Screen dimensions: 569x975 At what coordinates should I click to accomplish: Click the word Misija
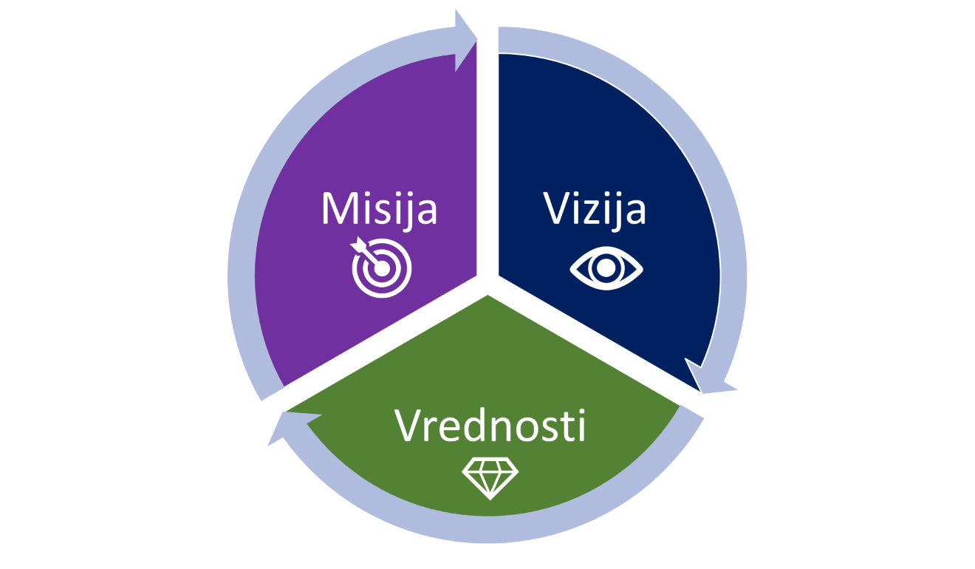[379, 209]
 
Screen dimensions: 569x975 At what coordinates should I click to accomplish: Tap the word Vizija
[595, 209]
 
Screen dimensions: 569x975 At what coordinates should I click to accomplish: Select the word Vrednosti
[490, 426]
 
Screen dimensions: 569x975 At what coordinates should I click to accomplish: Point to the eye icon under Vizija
[606, 268]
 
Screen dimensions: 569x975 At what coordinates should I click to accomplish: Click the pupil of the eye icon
[606, 268]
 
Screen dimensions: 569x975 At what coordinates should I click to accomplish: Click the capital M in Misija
[338, 209]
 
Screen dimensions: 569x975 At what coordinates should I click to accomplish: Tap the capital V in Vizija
[558, 209]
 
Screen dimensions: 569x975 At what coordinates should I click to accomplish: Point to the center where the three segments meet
[487, 284]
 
